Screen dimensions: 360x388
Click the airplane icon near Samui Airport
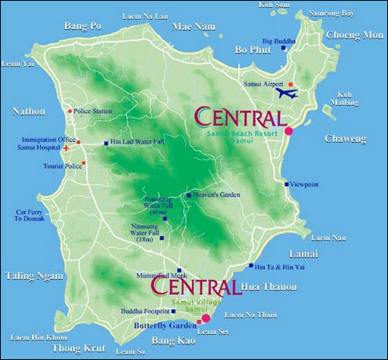click(287, 93)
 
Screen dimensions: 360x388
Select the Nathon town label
click(29, 111)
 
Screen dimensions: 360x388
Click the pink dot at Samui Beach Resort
click(288, 130)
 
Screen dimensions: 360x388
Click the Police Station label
click(93, 111)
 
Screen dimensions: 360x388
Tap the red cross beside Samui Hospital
click(67, 147)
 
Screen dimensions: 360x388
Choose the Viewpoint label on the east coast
click(304, 184)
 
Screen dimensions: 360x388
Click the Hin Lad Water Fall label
click(136, 143)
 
